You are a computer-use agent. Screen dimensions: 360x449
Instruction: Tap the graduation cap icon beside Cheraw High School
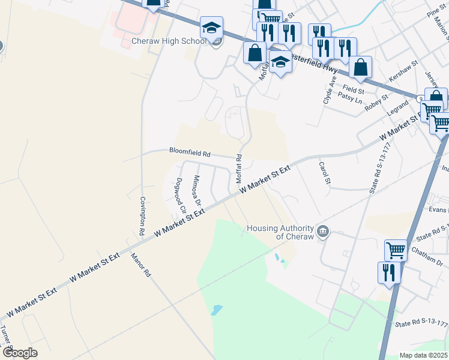211,28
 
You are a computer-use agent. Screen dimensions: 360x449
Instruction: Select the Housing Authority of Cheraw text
280,232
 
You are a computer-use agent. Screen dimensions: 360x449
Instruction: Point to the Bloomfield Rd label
189,152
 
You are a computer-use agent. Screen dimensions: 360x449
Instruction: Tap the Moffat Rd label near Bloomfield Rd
238,169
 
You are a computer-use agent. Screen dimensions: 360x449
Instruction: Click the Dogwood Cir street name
179,191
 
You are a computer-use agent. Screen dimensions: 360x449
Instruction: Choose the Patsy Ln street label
350,96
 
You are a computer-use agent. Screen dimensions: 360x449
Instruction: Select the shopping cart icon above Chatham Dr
396,250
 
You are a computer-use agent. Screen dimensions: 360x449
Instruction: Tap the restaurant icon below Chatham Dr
389,273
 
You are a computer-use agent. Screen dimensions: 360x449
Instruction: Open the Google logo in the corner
19,352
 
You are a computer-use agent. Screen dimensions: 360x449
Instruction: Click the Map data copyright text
423,355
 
